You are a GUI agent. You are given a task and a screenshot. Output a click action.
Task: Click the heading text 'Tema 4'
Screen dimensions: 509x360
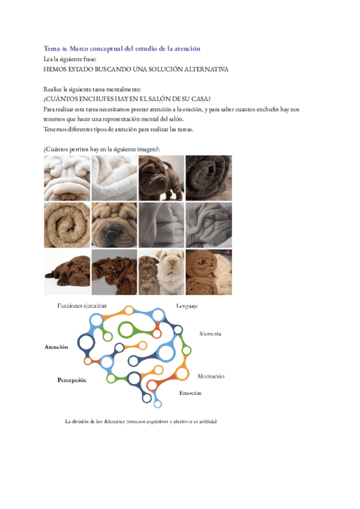click(56, 48)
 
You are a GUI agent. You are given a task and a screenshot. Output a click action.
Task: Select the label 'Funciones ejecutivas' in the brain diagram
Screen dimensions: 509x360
click(82, 306)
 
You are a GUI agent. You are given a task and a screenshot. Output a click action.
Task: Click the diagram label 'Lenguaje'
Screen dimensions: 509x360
click(187, 306)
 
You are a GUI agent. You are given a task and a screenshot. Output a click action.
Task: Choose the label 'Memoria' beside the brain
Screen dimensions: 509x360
click(210, 333)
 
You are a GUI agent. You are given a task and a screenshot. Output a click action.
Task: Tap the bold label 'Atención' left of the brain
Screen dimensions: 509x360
click(56, 347)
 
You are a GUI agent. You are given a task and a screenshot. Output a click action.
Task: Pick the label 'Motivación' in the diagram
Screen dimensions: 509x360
click(211, 376)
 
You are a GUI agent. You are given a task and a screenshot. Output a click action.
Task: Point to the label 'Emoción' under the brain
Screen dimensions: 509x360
click(190, 393)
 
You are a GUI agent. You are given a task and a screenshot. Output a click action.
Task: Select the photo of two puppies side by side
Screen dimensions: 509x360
click(161, 271)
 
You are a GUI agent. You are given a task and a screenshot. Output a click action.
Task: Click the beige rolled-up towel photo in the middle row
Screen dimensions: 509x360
click(67, 224)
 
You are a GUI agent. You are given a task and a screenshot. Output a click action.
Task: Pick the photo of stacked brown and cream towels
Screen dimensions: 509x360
click(208, 271)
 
